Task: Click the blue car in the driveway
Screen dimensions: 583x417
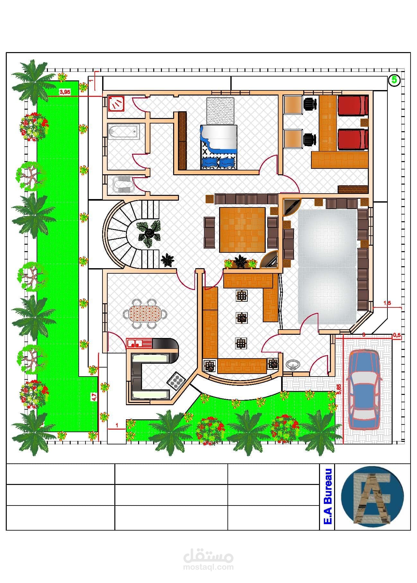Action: pyautogui.click(x=364, y=389)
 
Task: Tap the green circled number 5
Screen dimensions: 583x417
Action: pyautogui.click(x=394, y=80)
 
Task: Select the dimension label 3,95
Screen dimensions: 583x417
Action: pyautogui.click(x=65, y=92)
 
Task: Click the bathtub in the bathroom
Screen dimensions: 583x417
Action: pyautogui.click(x=124, y=132)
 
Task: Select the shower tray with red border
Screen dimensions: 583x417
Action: pyautogui.click(x=116, y=103)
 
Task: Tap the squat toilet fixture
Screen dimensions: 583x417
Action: pyautogui.click(x=122, y=185)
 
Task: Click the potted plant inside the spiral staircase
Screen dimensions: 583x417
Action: pyautogui.click(x=148, y=233)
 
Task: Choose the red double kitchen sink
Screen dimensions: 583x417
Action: pyautogui.click(x=135, y=343)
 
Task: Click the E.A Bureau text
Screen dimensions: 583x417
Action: pyautogui.click(x=327, y=496)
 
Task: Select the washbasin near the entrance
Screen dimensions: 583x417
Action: pyautogui.click(x=293, y=365)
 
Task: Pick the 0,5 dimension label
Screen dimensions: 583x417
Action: pyautogui.click(x=397, y=335)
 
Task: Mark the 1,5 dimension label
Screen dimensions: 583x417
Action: pyautogui.click(x=387, y=303)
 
